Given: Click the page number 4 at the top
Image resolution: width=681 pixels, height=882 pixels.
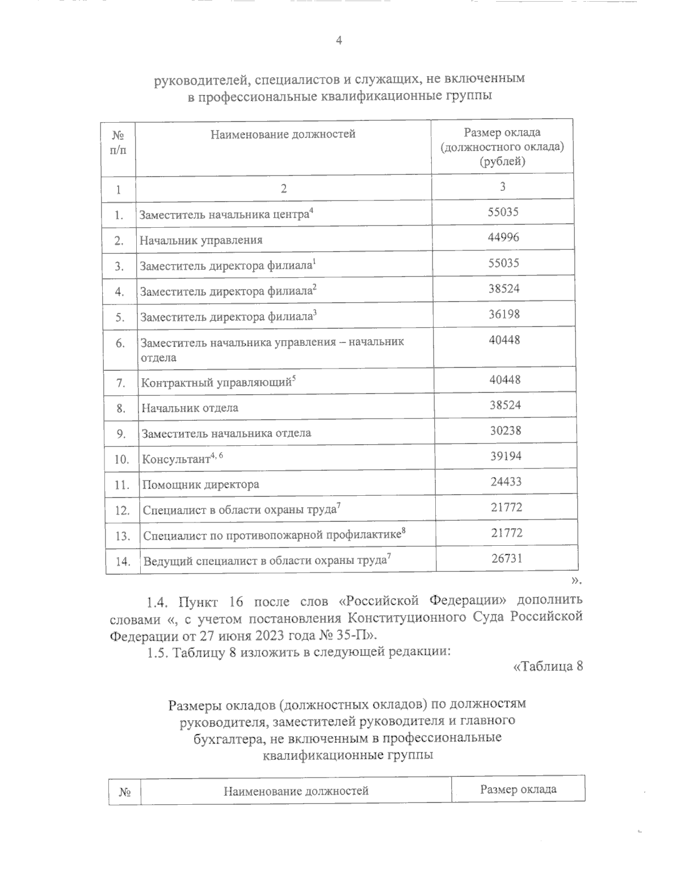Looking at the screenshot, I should point(339,40).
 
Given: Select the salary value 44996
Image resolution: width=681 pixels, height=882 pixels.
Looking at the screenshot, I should point(503,237).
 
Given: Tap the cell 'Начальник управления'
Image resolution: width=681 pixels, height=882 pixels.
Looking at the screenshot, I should point(201,240).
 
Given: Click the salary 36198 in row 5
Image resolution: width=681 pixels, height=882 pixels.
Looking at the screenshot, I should point(504,314).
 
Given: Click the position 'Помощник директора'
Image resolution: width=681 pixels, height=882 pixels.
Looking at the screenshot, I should point(200,484).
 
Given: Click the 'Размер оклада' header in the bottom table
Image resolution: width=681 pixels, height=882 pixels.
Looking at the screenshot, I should point(518,789).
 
